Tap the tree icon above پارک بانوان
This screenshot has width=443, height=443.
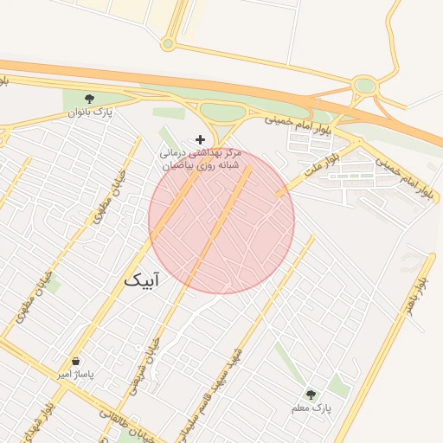(89, 98)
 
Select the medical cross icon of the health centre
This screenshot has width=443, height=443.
(201, 138)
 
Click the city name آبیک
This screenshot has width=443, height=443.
(143, 280)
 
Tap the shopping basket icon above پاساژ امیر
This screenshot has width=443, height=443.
(76, 361)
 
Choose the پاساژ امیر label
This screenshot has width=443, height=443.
(76, 375)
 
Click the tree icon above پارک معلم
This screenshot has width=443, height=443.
(311, 394)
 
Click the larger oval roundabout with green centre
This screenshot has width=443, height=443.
(365, 86)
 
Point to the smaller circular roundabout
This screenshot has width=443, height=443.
(168, 43)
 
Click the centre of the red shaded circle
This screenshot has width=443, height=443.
(221, 221)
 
